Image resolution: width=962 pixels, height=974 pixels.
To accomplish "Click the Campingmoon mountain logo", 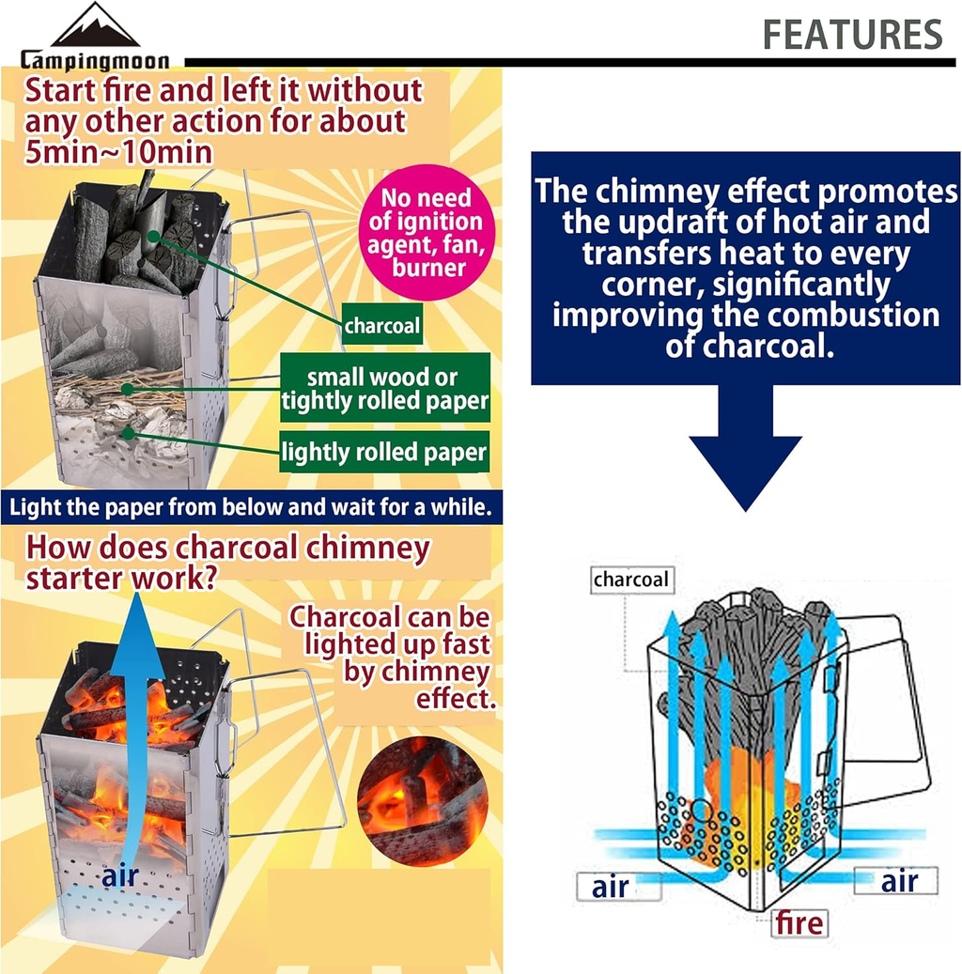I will pos(95,27).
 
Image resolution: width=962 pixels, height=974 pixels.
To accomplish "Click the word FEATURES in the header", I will pos(852,35).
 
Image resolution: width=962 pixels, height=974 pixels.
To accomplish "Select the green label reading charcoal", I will pos(381,327).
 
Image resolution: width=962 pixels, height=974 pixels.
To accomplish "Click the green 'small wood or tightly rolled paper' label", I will pos(385,390).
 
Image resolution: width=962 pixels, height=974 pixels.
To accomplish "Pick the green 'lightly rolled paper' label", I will pos(385,453).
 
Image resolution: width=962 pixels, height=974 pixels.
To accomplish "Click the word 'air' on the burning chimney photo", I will pos(120,876).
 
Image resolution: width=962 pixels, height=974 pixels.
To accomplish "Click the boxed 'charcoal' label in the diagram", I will pos(631,580).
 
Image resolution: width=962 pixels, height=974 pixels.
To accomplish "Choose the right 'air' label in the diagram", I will pos(898,881).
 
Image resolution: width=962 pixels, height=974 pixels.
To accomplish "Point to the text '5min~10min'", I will pos(105,151).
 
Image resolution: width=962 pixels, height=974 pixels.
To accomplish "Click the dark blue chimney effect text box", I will pos(745,268).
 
